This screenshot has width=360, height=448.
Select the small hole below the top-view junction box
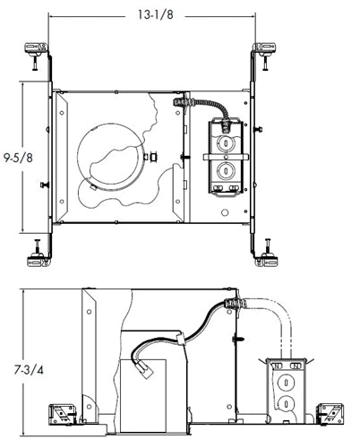tap(226, 214)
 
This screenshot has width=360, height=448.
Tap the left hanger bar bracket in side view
tap(62, 413)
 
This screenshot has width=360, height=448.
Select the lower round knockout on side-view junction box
tap(285, 402)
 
